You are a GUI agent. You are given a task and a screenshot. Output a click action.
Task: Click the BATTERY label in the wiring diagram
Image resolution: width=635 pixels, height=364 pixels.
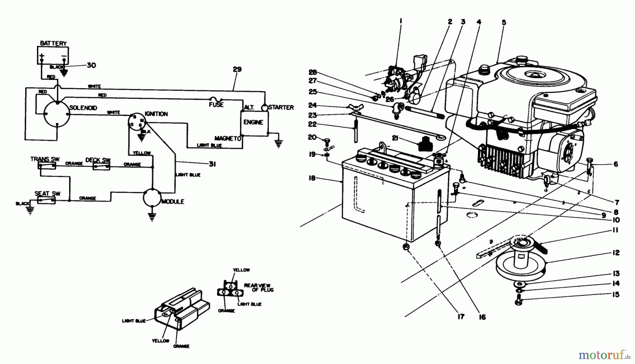(x=53, y=43)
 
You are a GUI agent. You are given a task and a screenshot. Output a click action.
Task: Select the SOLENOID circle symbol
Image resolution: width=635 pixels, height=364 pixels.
(x=57, y=114)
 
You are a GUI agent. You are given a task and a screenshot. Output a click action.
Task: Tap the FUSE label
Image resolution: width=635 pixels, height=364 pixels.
(x=216, y=105)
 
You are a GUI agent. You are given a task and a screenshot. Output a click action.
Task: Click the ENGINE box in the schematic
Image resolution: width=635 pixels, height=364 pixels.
(x=253, y=122)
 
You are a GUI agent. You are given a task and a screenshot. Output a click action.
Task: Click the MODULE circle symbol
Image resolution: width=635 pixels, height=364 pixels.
(x=152, y=198)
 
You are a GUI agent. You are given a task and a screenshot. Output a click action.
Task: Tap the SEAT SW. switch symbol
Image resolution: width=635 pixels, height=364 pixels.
(x=46, y=200)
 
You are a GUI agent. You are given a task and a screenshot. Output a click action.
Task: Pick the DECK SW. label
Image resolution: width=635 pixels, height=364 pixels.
(x=98, y=160)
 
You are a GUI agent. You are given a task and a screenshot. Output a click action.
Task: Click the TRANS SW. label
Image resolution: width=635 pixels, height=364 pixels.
(x=45, y=159)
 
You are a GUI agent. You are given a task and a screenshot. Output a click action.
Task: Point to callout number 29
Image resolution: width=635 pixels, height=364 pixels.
(x=237, y=69)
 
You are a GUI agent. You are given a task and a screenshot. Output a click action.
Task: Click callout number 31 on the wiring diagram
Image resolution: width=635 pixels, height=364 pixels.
(x=212, y=164)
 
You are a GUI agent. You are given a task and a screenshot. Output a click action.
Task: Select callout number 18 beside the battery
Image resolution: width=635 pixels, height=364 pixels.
(x=312, y=178)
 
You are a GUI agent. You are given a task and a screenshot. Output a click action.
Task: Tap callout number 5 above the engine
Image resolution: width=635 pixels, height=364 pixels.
(x=504, y=23)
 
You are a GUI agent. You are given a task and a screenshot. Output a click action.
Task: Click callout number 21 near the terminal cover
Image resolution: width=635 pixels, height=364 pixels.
(x=395, y=138)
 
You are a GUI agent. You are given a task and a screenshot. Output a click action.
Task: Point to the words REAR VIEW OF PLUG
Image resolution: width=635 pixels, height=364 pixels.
(x=259, y=287)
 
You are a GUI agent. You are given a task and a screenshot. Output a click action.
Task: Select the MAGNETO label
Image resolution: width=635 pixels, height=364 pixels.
(x=228, y=138)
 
